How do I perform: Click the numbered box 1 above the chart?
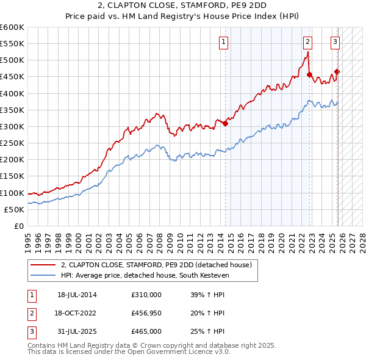(224, 42)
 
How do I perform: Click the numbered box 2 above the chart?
(307, 42)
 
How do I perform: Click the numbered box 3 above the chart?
(335, 42)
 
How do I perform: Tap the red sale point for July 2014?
(225, 123)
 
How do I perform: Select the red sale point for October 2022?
(310, 75)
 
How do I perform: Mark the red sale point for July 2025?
(337, 72)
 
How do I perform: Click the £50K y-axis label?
(15, 209)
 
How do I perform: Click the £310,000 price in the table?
(146, 295)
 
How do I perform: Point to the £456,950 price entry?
(146, 313)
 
